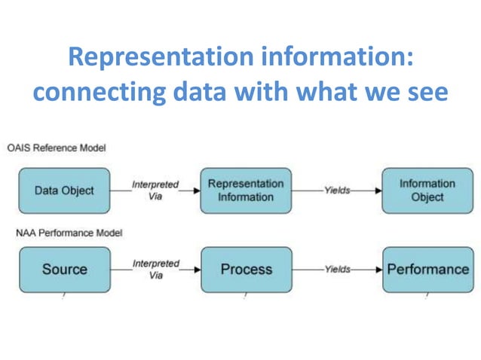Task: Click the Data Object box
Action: pyautogui.click(x=64, y=191)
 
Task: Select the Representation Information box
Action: pyautogui.click(x=246, y=191)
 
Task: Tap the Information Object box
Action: pyautogui.click(x=427, y=191)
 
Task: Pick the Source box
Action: pyautogui.click(x=64, y=269)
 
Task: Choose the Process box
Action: pyautogui.click(x=246, y=269)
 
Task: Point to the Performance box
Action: pyautogui.click(x=427, y=269)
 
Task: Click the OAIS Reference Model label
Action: pyautogui.click(x=57, y=148)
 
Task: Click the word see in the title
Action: pyautogui.click(x=427, y=93)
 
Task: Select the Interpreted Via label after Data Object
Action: pyautogui.click(x=156, y=188)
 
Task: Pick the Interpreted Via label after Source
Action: pyautogui.click(x=156, y=269)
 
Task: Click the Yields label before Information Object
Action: pyautogui.click(x=337, y=191)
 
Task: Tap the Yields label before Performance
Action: pyautogui.click(x=337, y=269)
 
